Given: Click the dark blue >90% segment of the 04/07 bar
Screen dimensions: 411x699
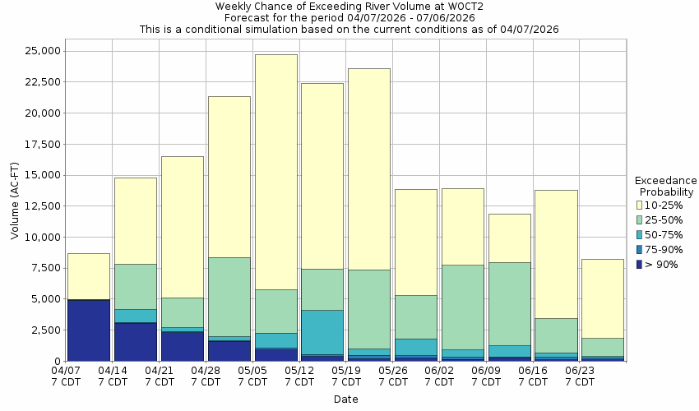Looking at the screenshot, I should [x=89, y=330].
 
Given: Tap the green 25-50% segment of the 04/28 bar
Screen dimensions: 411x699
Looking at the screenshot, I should [x=229, y=297].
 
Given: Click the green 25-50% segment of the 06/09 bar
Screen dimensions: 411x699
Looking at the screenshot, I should [x=509, y=303].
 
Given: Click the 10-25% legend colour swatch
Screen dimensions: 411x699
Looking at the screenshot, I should [x=641, y=205].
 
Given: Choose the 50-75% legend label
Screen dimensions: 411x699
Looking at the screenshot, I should [x=664, y=235].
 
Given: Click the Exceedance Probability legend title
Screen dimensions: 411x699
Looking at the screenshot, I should [x=666, y=186].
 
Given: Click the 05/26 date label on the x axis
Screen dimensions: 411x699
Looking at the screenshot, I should [x=393, y=376].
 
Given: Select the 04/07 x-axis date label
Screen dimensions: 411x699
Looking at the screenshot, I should [x=67, y=376].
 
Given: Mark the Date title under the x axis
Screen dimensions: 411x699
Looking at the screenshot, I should [x=345, y=399].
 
